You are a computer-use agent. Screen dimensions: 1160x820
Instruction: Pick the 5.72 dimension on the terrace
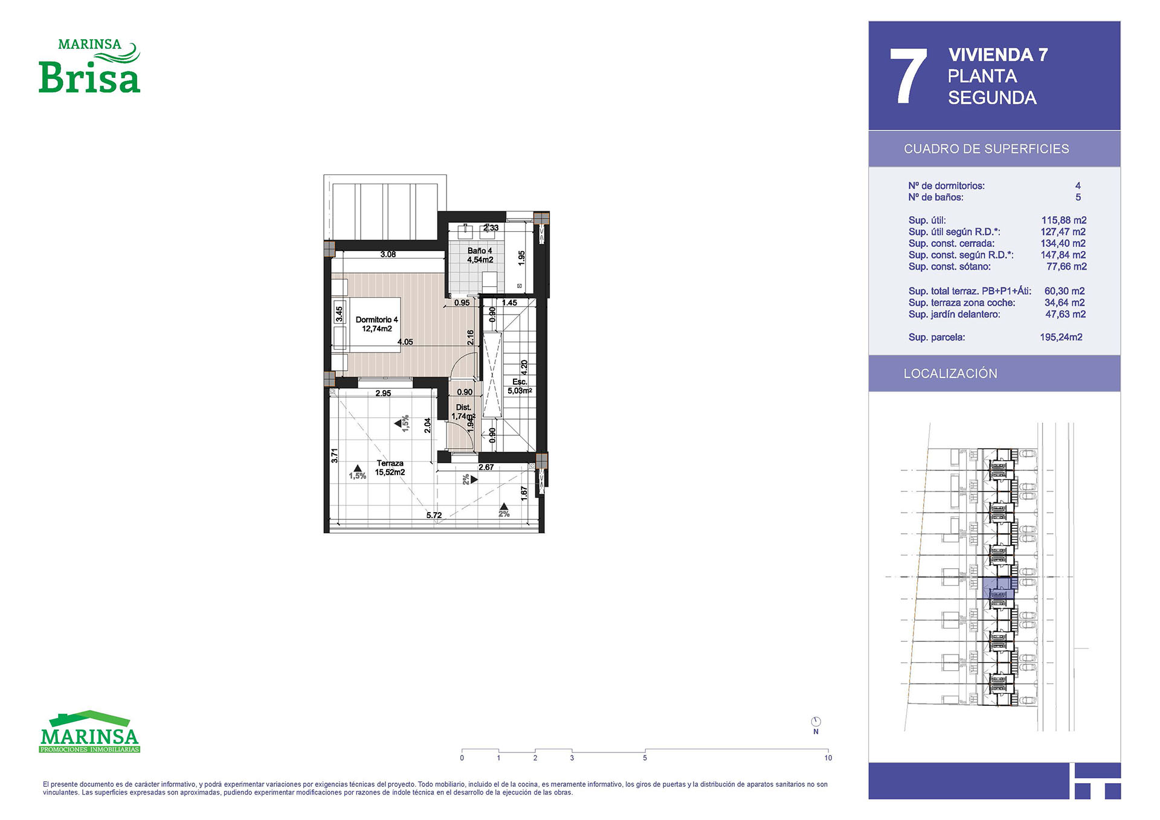pyautogui.click(x=434, y=515)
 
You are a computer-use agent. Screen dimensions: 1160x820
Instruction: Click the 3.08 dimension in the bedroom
pyautogui.click(x=388, y=254)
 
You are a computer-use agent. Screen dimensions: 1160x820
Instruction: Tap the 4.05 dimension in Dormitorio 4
pyautogui.click(x=405, y=342)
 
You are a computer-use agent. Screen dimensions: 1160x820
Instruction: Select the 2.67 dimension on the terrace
pyautogui.click(x=486, y=467)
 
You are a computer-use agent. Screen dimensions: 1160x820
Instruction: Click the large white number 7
pyautogui.click(x=908, y=76)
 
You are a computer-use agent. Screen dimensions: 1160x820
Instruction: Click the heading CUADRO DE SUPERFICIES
pyautogui.click(x=986, y=149)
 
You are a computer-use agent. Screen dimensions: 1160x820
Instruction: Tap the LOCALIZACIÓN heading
pyautogui.click(x=950, y=373)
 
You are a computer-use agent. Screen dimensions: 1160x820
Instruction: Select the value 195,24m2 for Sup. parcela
pyautogui.click(x=1061, y=337)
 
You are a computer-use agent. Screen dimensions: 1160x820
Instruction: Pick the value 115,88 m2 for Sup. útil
pyautogui.click(x=1063, y=220)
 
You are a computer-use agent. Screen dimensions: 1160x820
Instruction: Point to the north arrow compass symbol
pyautogui.click(x=816, y=722)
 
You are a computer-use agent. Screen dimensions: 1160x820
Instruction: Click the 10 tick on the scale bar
pyautogui.click(x=828, y=758)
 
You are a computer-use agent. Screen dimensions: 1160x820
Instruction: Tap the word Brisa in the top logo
pyautogui.click(x=89, y=77)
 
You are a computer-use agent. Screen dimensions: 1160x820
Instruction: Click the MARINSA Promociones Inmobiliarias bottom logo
pyautogui.click(x=89, y=732)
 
